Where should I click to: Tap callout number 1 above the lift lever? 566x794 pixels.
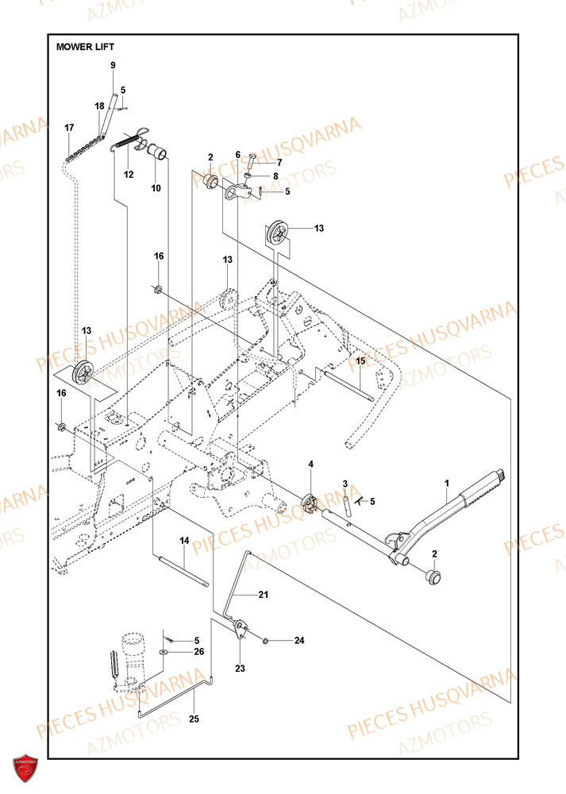[447, 483]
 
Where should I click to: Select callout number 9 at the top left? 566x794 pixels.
[113, 64]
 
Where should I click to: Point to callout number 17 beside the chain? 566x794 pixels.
[69, 128]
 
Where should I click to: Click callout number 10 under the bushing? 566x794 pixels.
[156, 188]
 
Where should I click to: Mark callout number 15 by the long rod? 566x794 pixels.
[360, 360]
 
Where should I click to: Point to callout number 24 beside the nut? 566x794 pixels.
[299, 640]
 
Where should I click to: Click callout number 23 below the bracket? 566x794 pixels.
[241, 669]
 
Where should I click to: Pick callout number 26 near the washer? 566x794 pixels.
[198, 652]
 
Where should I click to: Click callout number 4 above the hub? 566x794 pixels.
[311, 464]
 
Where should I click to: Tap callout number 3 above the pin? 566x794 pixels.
[345, 484]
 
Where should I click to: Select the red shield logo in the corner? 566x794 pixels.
[25, 768]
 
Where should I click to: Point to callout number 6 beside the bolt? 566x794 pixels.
[237, 155]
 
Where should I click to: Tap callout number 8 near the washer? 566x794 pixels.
[275, 176]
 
